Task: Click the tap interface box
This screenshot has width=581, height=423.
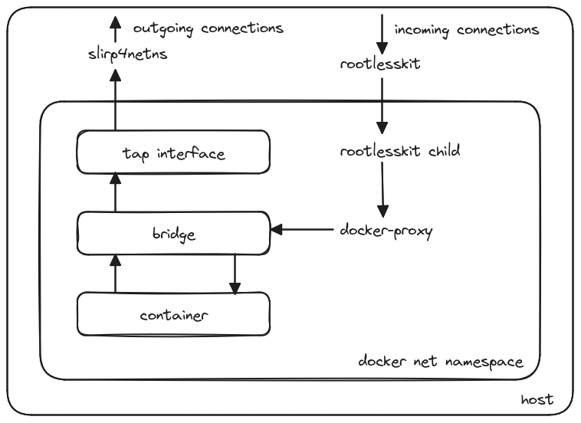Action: pos(173,152)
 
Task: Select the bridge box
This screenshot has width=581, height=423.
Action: pos(173,233)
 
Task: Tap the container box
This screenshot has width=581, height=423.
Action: pos(173,313)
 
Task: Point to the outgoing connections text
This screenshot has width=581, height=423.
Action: pos(208,28)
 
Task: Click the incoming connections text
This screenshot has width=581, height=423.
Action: pos(467,30)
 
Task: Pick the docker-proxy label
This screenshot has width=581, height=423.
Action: pos(386,230)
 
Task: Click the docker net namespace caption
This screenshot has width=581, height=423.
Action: pos(441,359)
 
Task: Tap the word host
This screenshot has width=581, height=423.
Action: pos(537,399)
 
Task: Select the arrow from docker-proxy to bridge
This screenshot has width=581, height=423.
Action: pos(303,229)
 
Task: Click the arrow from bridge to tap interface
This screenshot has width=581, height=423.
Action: pos(115,192)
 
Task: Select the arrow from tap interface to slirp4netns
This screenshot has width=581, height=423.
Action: pos(115,99)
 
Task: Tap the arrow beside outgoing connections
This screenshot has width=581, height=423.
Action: pos(115,29)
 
